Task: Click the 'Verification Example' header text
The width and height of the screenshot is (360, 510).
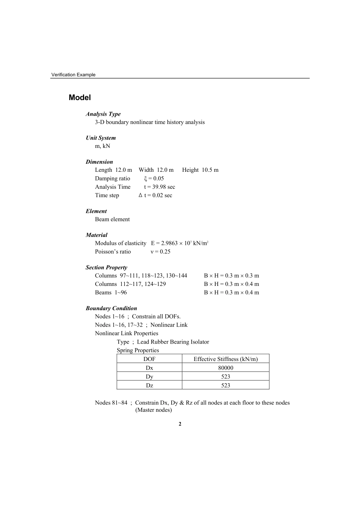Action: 73,75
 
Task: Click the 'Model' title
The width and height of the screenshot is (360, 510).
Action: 80,97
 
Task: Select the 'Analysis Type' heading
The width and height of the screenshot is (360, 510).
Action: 103,114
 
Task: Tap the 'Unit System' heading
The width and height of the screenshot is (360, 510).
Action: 100,138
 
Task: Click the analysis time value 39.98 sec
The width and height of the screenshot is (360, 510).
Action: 160,187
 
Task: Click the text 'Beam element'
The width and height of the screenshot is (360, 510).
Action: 112,220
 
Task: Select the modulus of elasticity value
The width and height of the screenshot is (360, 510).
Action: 180,243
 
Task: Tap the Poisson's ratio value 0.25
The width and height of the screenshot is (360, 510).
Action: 161,252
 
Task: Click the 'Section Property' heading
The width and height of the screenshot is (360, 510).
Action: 106,268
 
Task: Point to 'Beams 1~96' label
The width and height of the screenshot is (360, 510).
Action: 111,293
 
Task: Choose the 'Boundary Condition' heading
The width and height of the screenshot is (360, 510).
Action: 111,309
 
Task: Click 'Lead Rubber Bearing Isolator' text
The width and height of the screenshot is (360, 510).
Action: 173,342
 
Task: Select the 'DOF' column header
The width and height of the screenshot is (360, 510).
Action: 149,359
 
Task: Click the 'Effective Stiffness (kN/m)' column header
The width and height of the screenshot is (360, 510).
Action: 225,359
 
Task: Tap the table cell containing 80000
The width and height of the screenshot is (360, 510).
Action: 225,368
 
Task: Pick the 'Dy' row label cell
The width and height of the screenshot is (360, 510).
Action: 149,377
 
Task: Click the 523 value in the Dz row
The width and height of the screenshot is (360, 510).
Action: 225,385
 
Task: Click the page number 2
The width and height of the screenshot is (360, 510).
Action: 180,424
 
